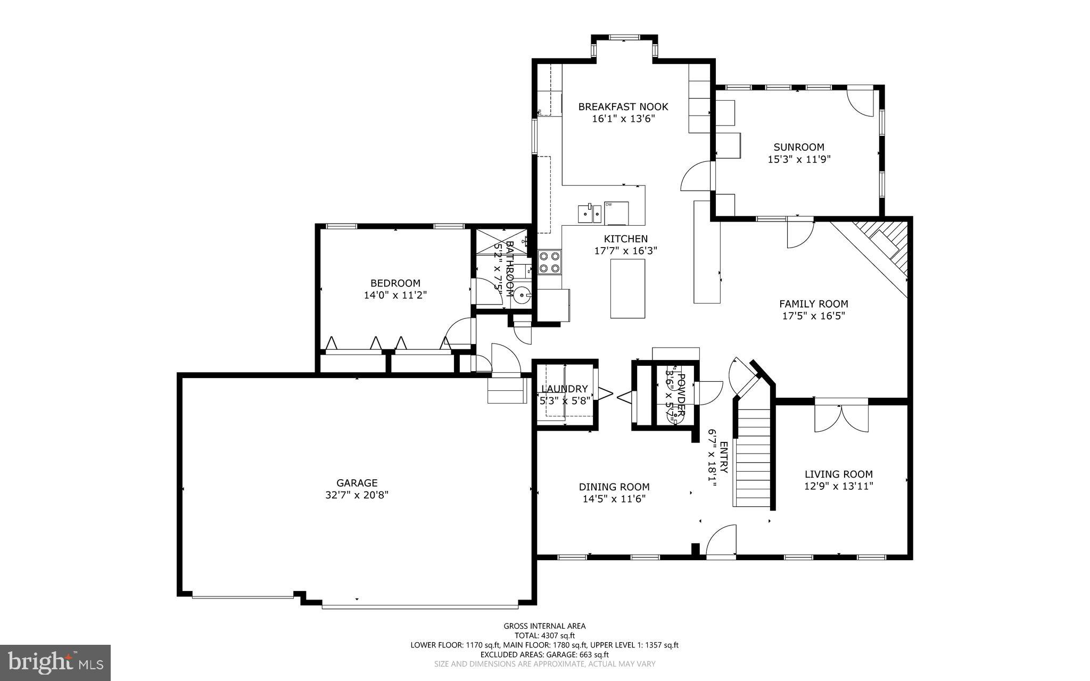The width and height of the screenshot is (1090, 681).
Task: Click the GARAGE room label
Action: pos(357,483)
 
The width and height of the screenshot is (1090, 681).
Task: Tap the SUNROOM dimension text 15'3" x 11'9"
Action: pos(799,159)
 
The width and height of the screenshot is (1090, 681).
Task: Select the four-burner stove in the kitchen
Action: pos(550,262)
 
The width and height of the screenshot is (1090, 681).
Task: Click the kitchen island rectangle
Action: pos(627,288)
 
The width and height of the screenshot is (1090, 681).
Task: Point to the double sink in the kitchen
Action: pos(590,214)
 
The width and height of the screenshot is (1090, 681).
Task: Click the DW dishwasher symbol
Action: pos(616,213)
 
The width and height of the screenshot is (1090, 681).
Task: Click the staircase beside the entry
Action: pos(753,458)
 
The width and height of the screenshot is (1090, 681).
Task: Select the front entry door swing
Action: pos(722,541)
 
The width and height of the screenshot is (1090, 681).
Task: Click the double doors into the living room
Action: pos(841,419)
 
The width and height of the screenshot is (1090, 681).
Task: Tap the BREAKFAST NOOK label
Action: pos(623,106)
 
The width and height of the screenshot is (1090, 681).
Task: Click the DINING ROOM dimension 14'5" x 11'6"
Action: pos(614,499)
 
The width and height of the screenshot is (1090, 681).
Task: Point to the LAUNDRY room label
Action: pos(565,389)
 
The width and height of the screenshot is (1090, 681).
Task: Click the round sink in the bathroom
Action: pos(522,294)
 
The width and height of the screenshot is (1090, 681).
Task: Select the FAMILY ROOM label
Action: pos(813,303)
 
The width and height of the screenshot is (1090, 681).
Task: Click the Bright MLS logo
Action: pos(55,662)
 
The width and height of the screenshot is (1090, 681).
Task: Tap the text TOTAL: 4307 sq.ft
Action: pos(544,635)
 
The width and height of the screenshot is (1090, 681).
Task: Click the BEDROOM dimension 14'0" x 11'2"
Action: pos(395,295)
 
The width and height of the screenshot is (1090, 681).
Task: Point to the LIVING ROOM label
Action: pos(838,474)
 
